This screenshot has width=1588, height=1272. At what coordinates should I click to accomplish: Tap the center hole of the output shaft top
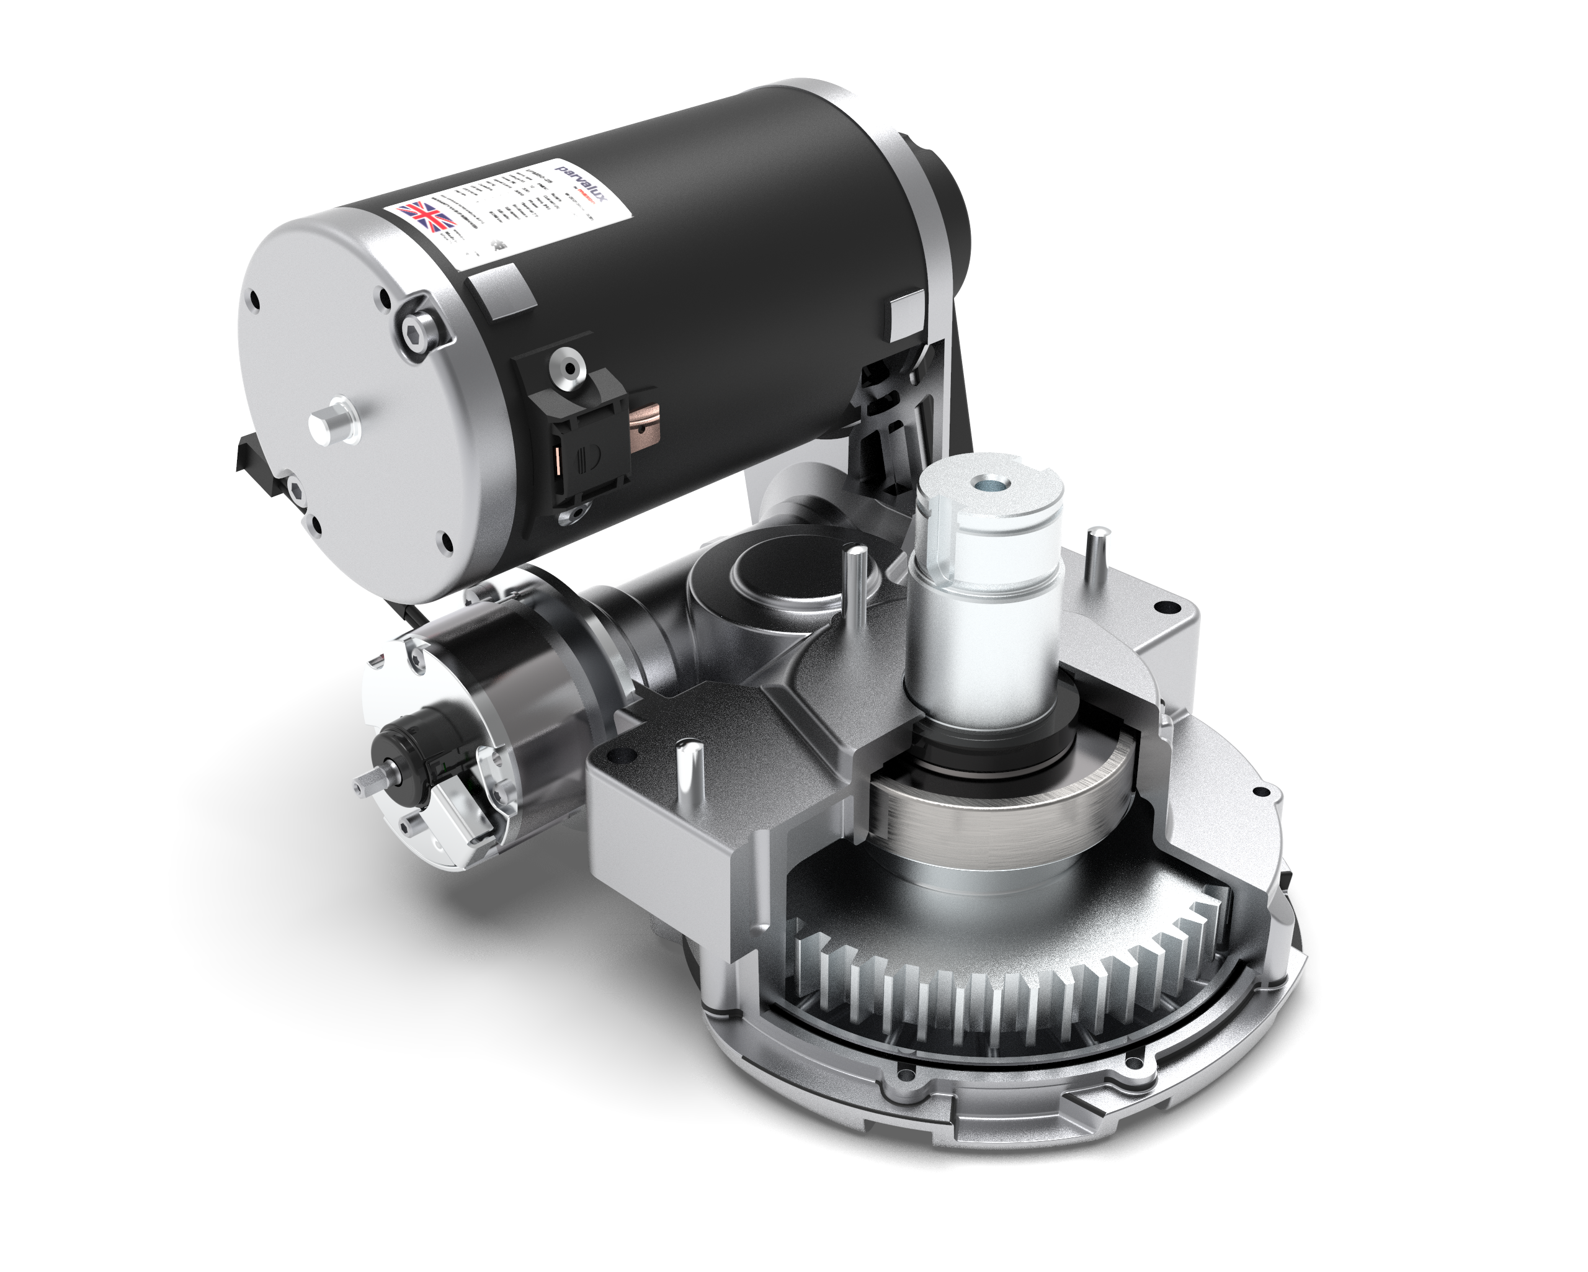pyautogui.click(x=985, y=484)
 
